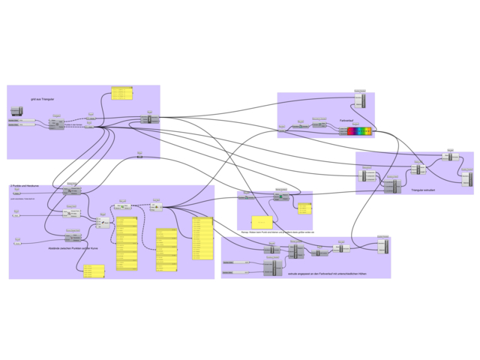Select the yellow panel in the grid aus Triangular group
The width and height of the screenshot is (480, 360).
[x=121, y=93]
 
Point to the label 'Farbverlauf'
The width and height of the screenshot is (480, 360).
[x=346, y=120]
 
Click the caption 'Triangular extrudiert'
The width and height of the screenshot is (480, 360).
[x=424, y=190]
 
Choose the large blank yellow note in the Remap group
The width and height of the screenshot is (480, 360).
[x=262, y=223]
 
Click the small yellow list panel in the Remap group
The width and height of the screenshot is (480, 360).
[x=304, y=208]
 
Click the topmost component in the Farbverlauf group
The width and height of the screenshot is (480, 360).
[x=360, y=100]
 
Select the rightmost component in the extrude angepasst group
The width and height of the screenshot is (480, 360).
[x=382, y=246]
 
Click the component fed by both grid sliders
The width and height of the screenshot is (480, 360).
[x=56, y=123]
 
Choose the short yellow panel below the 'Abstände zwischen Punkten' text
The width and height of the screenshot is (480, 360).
[x=94, y=271]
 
